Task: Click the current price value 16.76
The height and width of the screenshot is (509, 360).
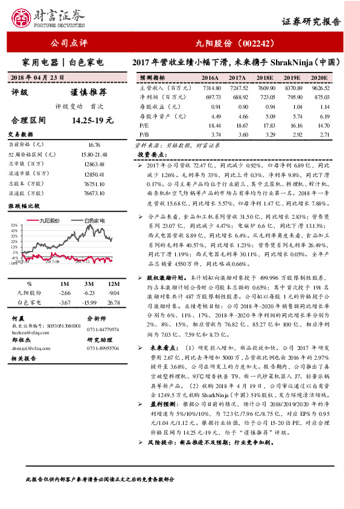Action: pyautogui.click(x=94, y=145)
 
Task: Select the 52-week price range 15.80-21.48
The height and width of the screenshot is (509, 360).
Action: pyautogui.click(x=94, y=155)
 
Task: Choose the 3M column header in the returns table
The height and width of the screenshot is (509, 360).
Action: pyautogui.click(x=88, y=284)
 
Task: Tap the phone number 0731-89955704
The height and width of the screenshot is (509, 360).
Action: pyautogui.click(x=103, y=349)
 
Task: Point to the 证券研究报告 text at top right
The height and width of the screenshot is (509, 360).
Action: pyautogui.click(x=311, y=21)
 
